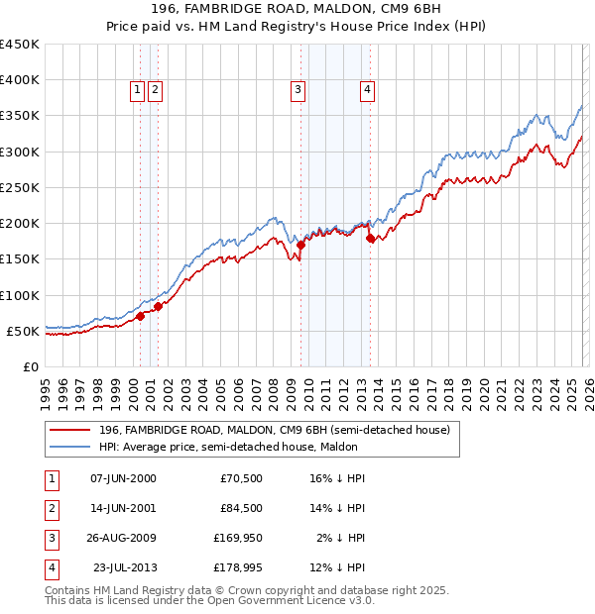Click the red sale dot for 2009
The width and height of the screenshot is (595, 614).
tap(300, 244)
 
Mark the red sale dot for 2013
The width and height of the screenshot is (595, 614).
tap(370, 238)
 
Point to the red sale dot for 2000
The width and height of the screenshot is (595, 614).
tap(140, 316)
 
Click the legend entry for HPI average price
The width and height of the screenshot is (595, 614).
tap(273, 447)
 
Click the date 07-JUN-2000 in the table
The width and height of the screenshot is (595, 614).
tap(123, 478)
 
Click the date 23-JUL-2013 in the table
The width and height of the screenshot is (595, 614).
tap(124, 567)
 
